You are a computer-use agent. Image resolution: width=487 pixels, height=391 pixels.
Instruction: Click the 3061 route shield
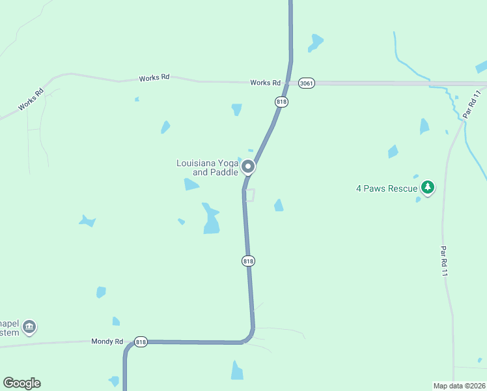tap(307, 83)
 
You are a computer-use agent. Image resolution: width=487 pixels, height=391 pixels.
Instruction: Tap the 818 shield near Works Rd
tap(281, 102)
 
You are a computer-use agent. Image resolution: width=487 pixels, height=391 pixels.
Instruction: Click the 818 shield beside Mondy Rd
tap(141, 341)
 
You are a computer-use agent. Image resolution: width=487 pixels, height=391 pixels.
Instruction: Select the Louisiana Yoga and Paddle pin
tap(248, 167)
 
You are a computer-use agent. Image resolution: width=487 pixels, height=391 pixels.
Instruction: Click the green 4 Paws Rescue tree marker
tap(427, 188)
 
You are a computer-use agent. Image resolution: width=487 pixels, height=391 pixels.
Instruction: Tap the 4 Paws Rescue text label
tap(386, 189)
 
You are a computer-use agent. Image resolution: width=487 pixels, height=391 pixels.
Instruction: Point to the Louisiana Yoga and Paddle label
tap(207, 167)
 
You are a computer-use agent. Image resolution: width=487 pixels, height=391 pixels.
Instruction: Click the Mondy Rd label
tap(107, 341)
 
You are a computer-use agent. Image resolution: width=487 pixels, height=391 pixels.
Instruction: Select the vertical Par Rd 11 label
tap(444, 261)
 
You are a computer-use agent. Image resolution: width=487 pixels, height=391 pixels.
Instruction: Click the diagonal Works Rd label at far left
tap(31, 98)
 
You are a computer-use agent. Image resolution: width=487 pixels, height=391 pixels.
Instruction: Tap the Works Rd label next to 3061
tap(266, 83)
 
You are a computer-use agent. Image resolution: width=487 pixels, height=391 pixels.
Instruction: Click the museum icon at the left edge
tap(29, 326)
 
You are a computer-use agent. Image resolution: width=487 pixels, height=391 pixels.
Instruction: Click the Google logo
tap(21, 383)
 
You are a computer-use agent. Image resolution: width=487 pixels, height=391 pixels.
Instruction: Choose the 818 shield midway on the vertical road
tap(248, 261)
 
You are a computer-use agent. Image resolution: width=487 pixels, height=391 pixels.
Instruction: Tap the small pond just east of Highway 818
tap(279, 206)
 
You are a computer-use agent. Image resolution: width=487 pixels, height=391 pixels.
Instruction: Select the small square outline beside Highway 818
tap(249, 195)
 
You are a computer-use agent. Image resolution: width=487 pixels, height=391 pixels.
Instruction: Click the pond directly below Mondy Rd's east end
tap(237, 371)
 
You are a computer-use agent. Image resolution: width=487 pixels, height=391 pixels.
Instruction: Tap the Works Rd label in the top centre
tap(154, 78)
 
